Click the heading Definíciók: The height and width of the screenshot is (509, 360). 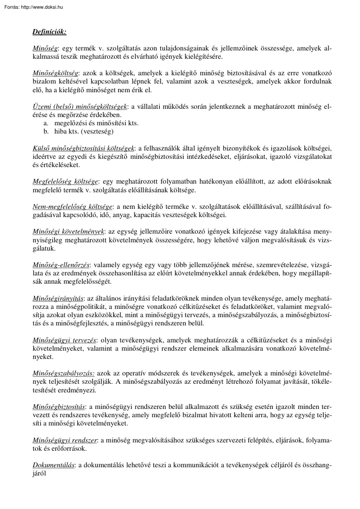click(49, 32)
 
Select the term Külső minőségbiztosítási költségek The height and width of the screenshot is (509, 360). click(84, 148)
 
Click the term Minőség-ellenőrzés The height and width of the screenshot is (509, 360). click(61, 265)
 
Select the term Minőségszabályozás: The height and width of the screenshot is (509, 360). click(64, 373)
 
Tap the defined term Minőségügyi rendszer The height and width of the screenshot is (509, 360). click(65, 440)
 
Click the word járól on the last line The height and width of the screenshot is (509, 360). click(40, 474)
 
